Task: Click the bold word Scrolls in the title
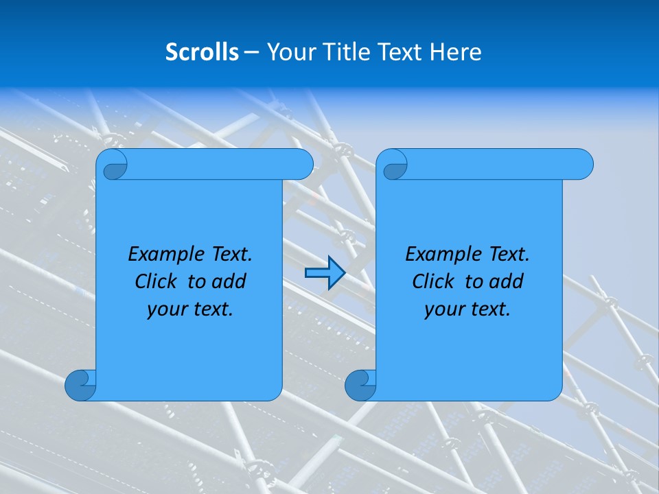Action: [203, 52]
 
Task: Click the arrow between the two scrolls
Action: [324, 273]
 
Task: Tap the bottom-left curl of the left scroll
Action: [80, 385]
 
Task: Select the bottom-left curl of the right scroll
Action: [360, 385]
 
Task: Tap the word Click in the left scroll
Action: [155, 282]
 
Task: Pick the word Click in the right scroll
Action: [432, 282]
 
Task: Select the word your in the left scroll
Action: [167, 310]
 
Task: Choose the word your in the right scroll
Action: [444, 310]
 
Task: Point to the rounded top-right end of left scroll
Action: [303, 165]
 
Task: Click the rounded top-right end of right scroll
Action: [583, 165]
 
